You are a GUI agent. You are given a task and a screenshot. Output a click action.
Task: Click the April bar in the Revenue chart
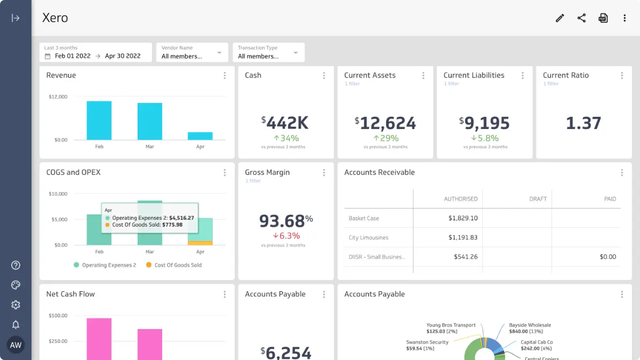click(x=200, y=136)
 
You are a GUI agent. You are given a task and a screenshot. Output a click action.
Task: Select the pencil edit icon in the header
click(x=559, y=18)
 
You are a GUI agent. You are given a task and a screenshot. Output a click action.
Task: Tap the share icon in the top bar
click(x=581, y=18)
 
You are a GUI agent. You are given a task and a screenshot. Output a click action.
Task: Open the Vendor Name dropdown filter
click(x=192, y=52)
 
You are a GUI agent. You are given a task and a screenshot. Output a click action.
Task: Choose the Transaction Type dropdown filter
click(x=268, y=52)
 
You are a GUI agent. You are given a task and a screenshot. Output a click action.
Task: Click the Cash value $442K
click(x=285, y=123)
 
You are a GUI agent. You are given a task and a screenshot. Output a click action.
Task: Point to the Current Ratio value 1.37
click(x=583, y=123)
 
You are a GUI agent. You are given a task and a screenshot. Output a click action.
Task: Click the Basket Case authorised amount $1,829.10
click(x=462, y=218)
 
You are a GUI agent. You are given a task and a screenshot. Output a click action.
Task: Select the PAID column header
click(x=610, y=199)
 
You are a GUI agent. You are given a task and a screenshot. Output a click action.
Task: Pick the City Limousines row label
click(x=369, y=237)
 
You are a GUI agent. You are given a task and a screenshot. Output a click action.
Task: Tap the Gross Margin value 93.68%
click(x=286, y=220)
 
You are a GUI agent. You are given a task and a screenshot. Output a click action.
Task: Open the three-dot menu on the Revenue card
click(x=225, y=76)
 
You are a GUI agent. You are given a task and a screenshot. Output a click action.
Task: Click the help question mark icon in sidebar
click(x=15, y=265)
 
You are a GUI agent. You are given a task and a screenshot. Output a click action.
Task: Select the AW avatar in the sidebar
click(x=15, y=345)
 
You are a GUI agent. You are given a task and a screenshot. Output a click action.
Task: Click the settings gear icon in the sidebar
click(x=15, y=305)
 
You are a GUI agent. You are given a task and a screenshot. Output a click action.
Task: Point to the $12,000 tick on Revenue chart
click(x=58, y=97)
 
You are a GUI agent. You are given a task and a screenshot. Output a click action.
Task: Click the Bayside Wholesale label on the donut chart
click(x=530, y=325)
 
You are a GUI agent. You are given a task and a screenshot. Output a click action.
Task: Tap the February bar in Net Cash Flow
click(x=99, y=339)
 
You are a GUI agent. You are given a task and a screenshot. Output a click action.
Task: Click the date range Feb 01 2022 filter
click(x=93, y=56)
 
